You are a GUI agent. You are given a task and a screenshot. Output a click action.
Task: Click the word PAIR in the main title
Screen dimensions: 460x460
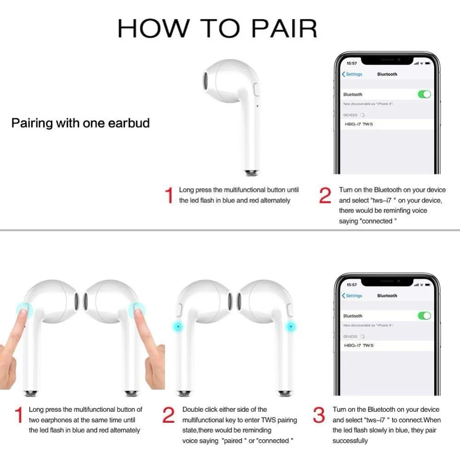284,29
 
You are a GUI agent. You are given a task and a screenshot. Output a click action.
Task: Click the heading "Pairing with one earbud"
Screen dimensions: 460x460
80,123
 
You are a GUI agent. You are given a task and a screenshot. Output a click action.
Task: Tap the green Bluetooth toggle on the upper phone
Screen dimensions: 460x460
424,94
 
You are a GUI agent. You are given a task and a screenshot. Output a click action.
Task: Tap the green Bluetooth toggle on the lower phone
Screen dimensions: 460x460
424,316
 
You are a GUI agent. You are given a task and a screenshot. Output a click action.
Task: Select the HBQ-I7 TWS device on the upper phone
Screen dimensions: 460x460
358,124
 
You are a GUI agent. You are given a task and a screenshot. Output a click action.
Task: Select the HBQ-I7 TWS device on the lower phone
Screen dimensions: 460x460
358,345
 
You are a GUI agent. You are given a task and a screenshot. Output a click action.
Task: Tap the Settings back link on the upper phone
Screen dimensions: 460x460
352,74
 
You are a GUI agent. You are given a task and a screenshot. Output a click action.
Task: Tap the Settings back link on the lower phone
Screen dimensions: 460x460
352,296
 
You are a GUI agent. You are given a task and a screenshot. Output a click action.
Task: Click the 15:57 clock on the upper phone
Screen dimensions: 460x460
351,63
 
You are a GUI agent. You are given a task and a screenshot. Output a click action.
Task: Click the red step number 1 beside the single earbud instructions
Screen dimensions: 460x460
169,195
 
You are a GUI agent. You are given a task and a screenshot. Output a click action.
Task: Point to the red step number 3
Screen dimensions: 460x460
319,415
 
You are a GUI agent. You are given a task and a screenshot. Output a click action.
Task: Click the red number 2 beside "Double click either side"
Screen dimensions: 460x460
168,415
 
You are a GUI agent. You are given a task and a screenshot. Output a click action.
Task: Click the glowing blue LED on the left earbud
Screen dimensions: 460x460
178,326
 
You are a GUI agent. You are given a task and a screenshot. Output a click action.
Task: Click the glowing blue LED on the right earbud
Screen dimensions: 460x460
291,326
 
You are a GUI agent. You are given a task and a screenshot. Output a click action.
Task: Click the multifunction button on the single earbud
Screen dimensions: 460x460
256,90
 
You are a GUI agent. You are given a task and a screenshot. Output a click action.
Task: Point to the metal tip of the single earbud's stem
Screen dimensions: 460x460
251,173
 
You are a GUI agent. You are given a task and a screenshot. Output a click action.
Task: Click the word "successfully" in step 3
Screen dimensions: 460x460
350,441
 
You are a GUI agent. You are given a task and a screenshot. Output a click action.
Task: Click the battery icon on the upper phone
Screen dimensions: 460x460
427,63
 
